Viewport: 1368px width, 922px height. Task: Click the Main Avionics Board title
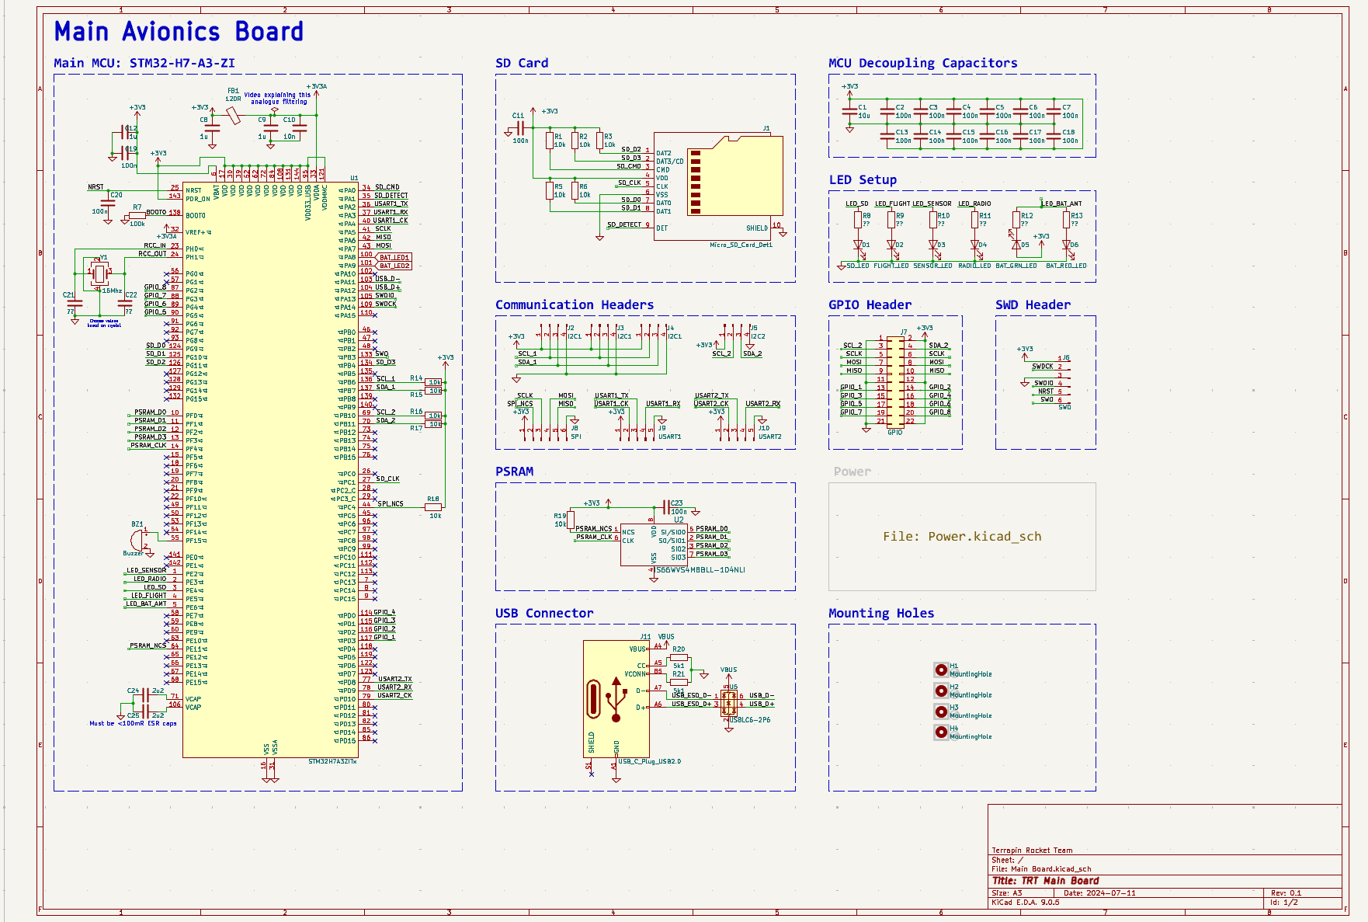(x=179, y=32)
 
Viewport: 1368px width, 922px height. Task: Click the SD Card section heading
(x=522, y=63)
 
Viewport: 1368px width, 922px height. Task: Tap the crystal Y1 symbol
(x=99, y=272)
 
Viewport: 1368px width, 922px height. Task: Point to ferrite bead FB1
(x=233, y=115)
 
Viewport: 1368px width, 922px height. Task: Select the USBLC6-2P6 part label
(x=749, y=720)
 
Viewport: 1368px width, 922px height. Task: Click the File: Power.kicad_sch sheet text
(x=961, y=537)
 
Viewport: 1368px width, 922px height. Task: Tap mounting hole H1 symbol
(x=941, y=670)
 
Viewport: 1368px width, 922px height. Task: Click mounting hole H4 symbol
(x=941, y=732)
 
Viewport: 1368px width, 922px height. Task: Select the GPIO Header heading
(x=870, y=305)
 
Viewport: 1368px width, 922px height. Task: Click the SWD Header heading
(x=1033, y=305)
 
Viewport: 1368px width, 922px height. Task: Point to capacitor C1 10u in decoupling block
(x=849, y=111)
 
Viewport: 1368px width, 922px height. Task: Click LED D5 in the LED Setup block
(x=1016, y=245)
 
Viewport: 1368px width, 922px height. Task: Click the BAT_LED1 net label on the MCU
(x=394, y=258)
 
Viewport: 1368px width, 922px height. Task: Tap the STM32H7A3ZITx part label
(x=332, y=762)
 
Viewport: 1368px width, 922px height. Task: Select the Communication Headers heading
(x=575, y=305)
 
